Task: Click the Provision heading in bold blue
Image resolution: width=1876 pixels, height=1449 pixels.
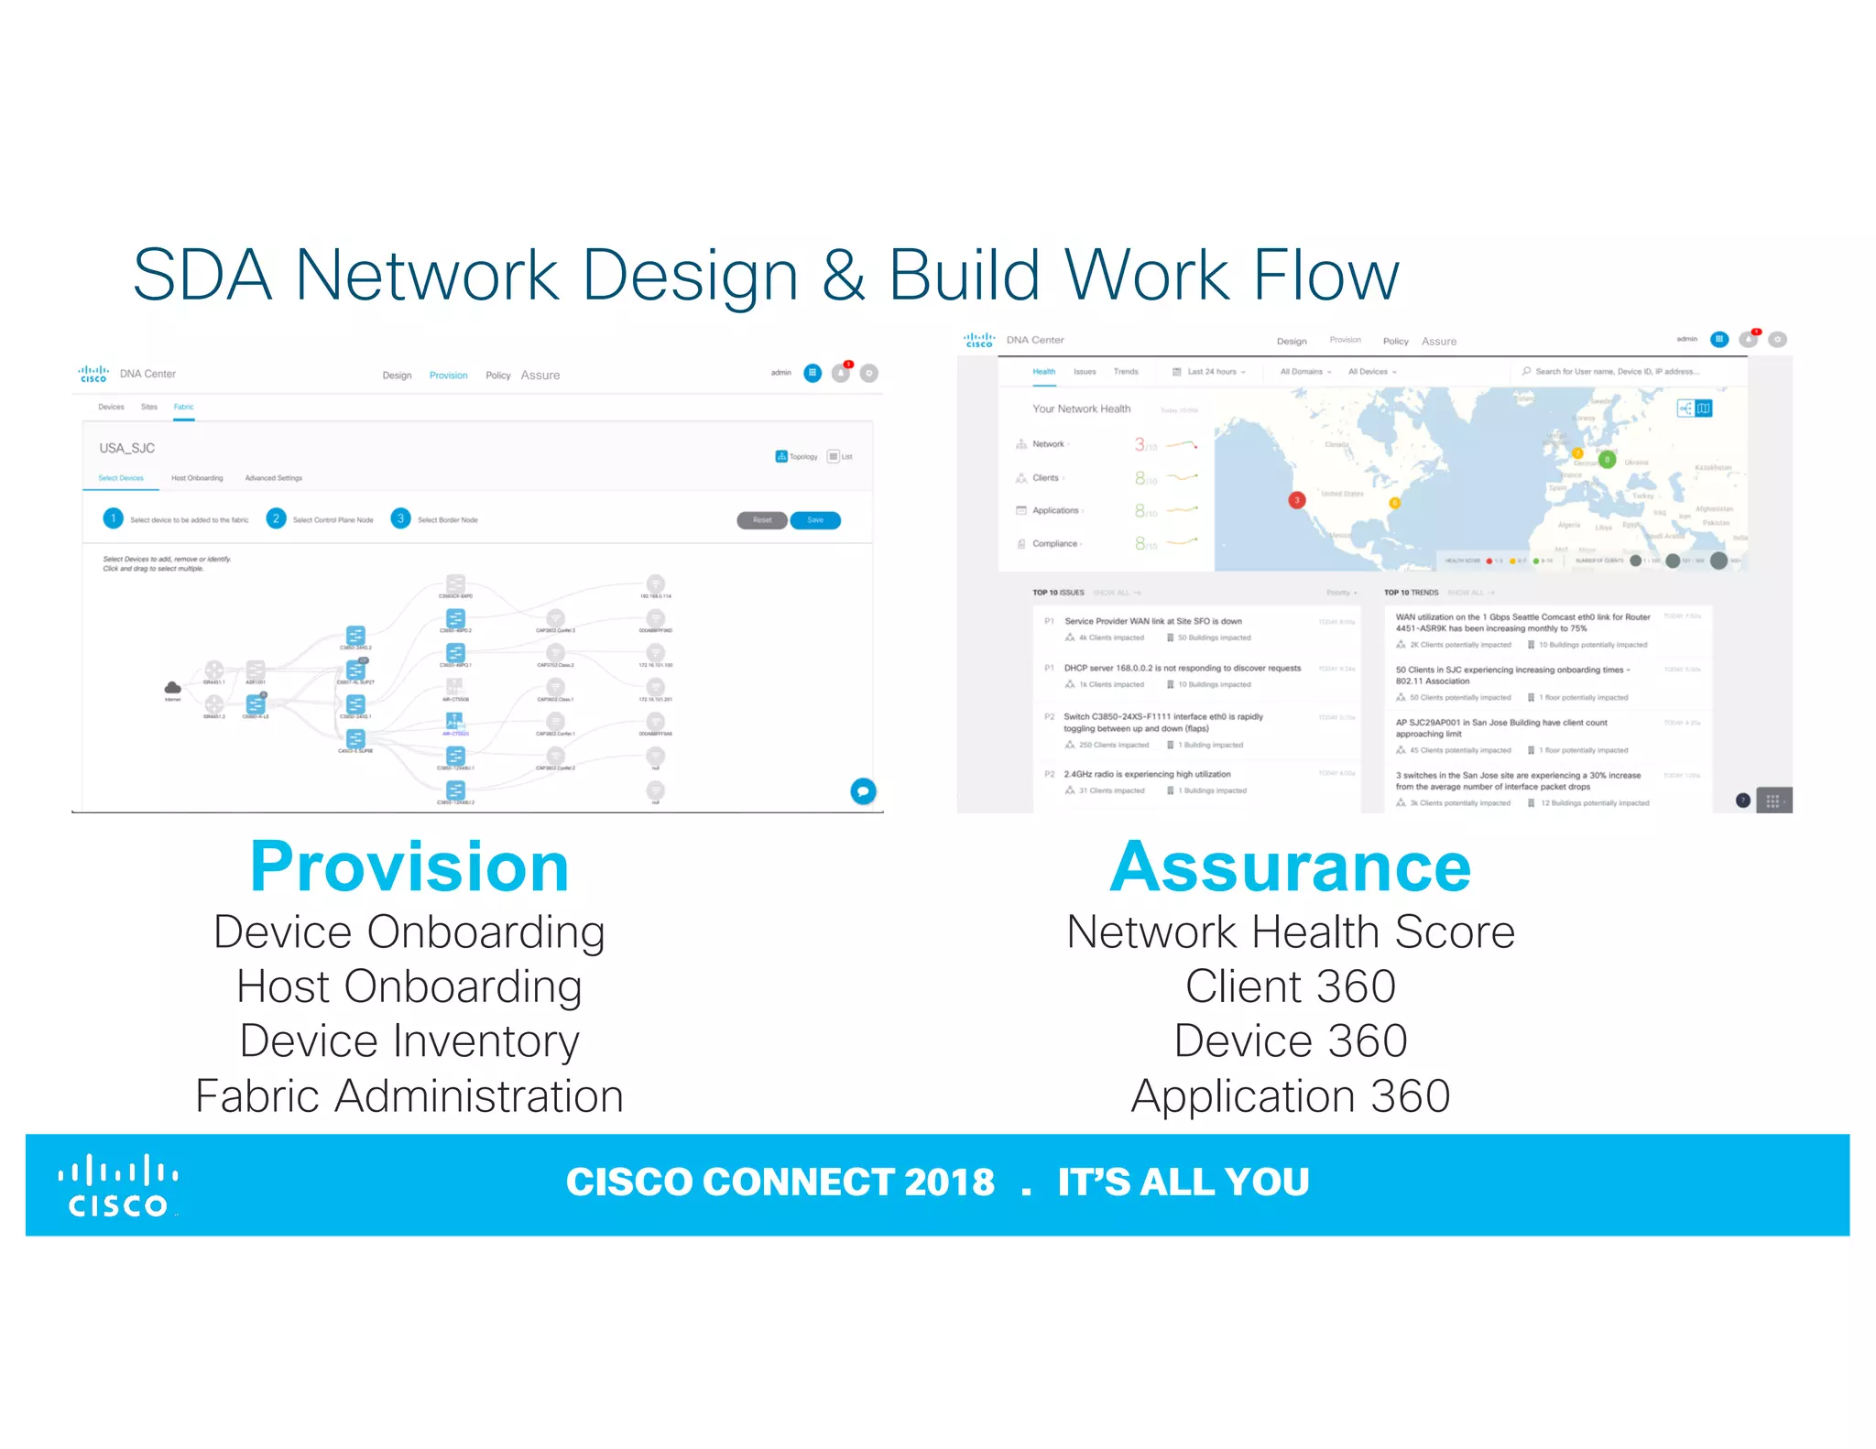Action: click(409, 867)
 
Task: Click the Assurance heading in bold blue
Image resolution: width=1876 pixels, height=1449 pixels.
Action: click(1290, 867)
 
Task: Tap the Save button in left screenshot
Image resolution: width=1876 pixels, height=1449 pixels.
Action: click(815, 520)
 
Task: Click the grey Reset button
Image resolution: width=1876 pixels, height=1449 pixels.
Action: click(762, 520)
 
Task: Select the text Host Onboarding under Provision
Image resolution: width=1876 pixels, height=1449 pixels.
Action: click(409, 986)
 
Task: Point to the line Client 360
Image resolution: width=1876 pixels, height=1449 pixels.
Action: click(1290, 986)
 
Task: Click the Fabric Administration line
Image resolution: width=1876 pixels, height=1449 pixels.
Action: click(409, 1096)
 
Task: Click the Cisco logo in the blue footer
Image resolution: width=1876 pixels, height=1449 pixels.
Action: click(118, 1185)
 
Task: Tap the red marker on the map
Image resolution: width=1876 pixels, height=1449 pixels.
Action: click(1296, 500)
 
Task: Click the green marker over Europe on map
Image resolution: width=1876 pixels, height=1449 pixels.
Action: click(1607, 460)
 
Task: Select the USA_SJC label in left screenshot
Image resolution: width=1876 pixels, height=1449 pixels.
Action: click(127, 449)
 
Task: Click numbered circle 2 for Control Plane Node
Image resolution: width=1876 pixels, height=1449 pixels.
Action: click(275, 519)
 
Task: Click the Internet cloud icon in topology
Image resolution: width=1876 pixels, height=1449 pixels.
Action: click(172, 688)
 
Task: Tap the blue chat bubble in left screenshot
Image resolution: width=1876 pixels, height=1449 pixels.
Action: click(863, 790)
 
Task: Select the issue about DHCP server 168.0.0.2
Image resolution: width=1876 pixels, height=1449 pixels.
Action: click(1182, 669)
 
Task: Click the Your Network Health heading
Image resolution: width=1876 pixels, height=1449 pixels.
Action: click(1081, 409)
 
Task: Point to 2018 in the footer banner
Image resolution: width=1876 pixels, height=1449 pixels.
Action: click(948, 1182)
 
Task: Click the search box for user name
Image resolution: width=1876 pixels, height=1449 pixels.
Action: click(1617, 372)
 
